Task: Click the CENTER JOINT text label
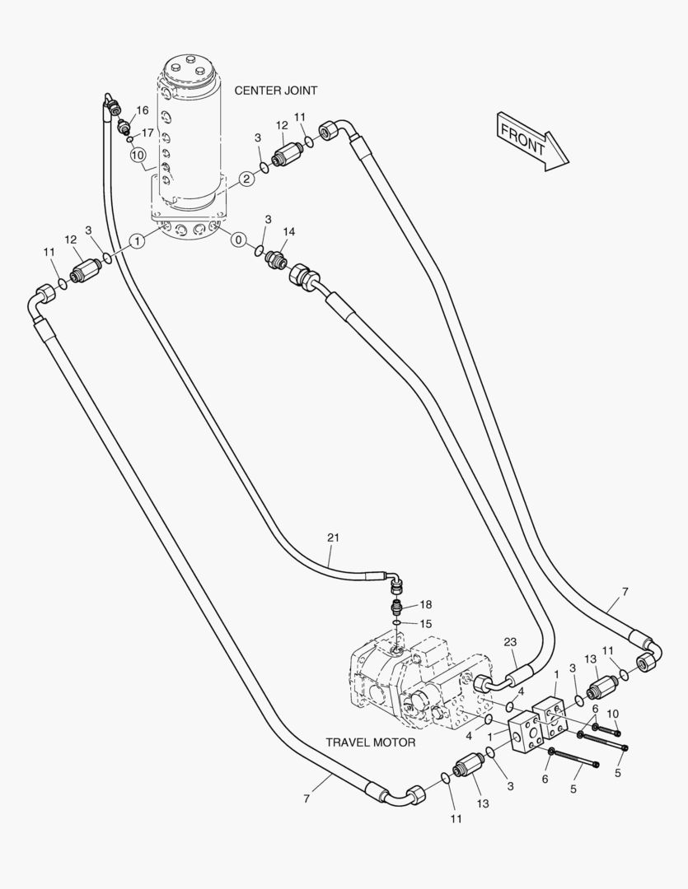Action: (275, 91)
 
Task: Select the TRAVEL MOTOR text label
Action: (370, 742)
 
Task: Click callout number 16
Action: (143, 110)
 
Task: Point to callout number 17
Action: (147, 133)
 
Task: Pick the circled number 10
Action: (138, 154)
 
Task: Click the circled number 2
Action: (246, 179)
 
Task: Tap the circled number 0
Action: (238, 240)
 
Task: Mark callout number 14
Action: (288, 231)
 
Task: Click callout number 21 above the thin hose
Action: (333, 538)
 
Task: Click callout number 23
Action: (510, 643)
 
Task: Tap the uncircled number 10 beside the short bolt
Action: (612, 713)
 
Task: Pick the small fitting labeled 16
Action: (124, 126)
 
